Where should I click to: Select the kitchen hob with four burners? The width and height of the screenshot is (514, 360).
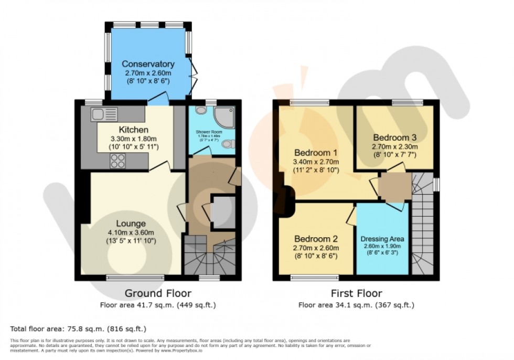pyautogui.click(x=116, y=162)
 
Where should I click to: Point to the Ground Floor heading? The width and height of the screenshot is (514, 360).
pyautogui.click(x=157, y=293)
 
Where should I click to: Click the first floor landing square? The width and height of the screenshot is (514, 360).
pyautogui.click(x=394, y=187)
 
